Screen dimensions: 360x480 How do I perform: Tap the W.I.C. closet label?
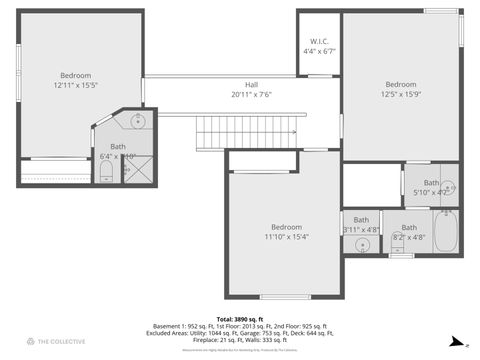[319, 41]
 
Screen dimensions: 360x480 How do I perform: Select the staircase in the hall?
[248, 129]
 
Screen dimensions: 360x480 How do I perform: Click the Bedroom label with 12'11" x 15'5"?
[75, 76]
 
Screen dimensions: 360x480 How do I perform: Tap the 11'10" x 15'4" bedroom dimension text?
[286, 237]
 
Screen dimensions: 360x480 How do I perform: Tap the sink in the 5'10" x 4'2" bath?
[448, 187]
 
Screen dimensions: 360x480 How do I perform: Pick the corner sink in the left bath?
[139, 122]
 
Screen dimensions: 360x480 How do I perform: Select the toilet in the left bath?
[106, 174]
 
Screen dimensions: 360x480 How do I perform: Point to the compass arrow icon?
[455, 340]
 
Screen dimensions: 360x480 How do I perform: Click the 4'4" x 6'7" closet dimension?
[319, 51]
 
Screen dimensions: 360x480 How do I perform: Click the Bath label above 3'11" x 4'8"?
[361, 219]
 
